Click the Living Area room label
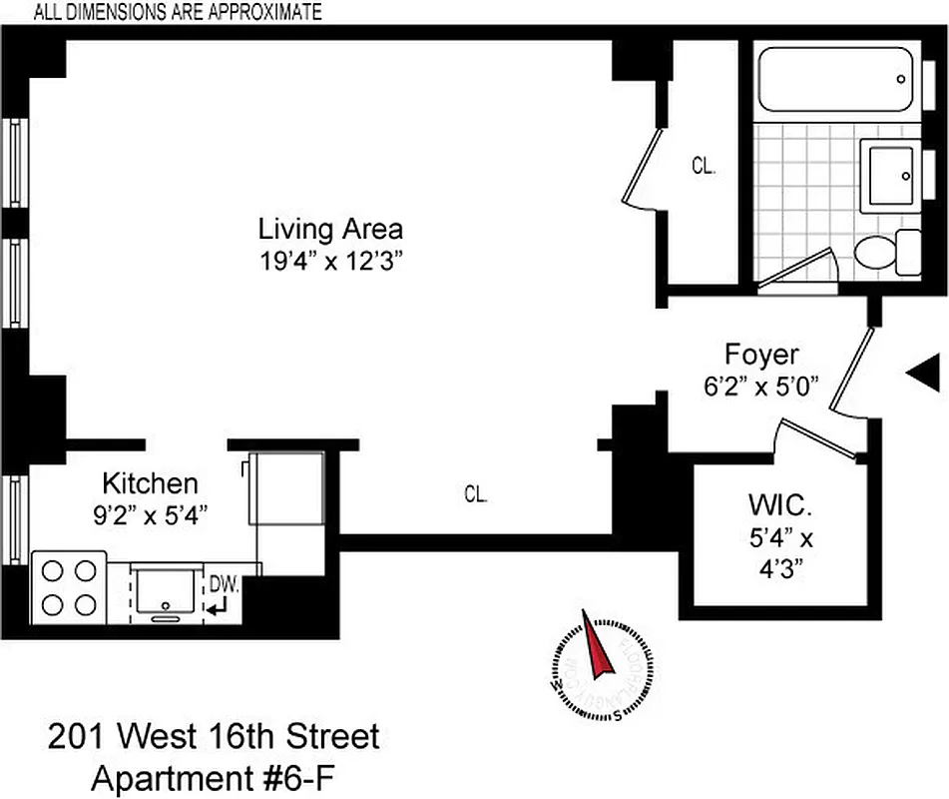pyautogui.click(x=330, y=229)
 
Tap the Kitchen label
pyautogui.click(x=150, y=484)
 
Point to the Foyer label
pyautogui.click(x=761, y=355)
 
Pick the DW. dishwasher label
pyautogui.click(x=225, y=582)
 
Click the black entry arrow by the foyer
pyautogui.click(x=922, y=372)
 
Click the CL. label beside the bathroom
pyautogui.click(x=704, y=167)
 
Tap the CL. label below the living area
pyautogui.click(x=475, y=493)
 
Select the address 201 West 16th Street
pyautogui.click(x=214, y=738)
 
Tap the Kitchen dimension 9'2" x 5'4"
pyautogui.click(x=150, y=514)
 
